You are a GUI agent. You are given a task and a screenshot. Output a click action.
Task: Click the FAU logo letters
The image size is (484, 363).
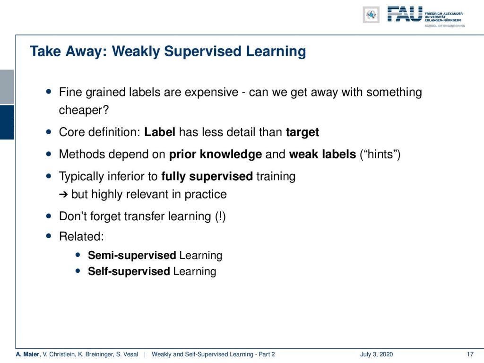[x=405, y=14]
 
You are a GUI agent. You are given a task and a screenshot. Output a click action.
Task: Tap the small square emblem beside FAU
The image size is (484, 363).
[x=371, y=15]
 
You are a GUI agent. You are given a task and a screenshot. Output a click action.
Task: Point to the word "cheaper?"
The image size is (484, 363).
[x=84, y=110]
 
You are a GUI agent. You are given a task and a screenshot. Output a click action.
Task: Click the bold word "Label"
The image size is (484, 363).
[x=160, y=132]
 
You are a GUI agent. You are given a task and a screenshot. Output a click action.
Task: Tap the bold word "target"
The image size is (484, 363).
[x=302, y=132]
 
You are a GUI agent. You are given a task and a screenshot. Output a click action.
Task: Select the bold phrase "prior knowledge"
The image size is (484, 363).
[x=216, y=154]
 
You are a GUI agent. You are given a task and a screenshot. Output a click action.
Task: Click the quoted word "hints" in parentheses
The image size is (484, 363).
[x=380, y=154]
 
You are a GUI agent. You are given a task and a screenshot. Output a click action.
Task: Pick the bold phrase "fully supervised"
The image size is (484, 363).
[x=207, y=176]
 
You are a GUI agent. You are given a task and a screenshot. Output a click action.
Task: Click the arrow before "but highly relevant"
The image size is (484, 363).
[x=63, y=194]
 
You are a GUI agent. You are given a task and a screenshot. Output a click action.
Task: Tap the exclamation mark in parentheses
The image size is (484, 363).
[x=220, y=216]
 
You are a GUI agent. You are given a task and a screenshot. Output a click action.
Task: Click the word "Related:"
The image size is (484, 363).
[x=81, y=236]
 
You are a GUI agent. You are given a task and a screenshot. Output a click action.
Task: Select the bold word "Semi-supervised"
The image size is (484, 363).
[x=132, y=255]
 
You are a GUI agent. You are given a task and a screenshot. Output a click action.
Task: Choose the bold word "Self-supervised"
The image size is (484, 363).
[x=129, y=271]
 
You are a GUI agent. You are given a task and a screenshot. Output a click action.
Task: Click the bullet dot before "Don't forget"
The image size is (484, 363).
[x=49, y=216]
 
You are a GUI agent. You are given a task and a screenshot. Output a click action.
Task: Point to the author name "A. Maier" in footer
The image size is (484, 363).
[x=28, y=354]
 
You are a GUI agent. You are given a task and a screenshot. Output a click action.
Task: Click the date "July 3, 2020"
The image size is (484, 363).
[x=376, y=354]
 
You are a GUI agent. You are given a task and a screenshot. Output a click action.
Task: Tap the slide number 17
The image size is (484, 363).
[x=470, y=354]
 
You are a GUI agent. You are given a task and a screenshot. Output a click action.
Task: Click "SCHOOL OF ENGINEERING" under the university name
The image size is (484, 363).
[x=445, y=26]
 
